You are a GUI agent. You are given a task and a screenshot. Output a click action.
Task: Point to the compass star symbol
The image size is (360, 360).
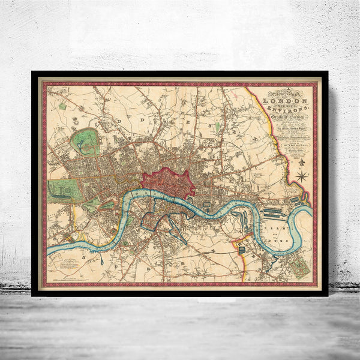click(x=302, y=176)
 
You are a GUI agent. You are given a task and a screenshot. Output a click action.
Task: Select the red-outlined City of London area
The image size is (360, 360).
click(x=169, y=182)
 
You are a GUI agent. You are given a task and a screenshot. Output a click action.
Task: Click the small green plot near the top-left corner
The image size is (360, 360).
click(x=62, y=106)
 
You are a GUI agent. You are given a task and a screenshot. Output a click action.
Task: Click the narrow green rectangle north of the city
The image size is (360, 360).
click(x=217, y=128)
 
